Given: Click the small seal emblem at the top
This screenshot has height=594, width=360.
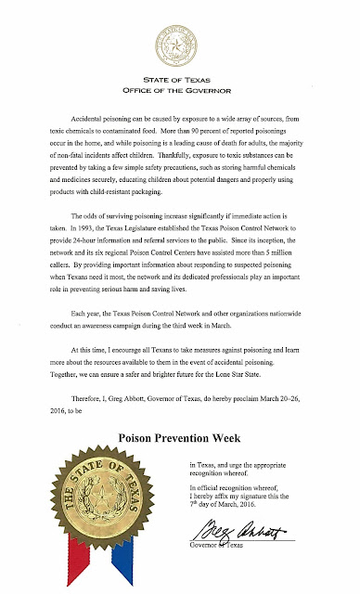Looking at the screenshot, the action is click(181, 43).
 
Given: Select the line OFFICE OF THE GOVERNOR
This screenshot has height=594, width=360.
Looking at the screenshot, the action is click(181, 91).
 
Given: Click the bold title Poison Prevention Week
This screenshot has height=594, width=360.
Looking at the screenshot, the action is click(180, 441).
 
